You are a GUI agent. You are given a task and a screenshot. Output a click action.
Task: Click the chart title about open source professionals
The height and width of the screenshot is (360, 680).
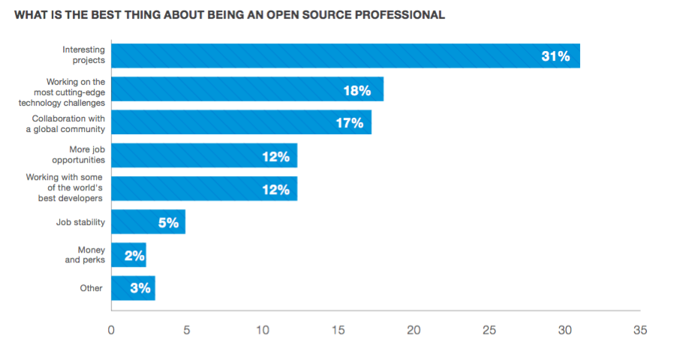point(230,14)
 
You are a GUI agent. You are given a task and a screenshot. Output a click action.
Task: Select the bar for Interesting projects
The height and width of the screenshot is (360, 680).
point(345,55)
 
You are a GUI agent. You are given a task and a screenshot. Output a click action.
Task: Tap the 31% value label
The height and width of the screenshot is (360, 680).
point(555,56)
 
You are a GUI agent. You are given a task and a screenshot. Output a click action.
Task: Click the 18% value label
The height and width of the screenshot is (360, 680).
point(357,90)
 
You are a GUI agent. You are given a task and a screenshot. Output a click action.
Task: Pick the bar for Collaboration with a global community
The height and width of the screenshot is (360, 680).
point(241,122)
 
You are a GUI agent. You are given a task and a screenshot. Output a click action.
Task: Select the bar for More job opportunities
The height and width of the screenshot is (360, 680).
point(204,155)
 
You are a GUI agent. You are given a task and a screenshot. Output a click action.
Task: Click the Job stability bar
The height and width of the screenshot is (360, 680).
point(148,222)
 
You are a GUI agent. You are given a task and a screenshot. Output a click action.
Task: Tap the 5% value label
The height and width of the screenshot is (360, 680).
point(168,223)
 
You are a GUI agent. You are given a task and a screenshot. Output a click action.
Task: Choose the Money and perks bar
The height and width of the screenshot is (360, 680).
point(128,255)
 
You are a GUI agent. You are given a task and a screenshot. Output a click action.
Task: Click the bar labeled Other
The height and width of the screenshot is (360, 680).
point(133,288)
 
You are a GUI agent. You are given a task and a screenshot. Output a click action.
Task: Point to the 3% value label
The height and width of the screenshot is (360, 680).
point(140,288)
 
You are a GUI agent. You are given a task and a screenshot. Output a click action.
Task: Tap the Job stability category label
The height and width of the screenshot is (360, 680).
point(80,222)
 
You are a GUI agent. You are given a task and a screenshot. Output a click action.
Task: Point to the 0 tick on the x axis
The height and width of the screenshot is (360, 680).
point(111,330)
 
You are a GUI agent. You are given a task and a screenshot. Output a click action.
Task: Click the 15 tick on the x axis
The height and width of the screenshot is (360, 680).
point(338,330)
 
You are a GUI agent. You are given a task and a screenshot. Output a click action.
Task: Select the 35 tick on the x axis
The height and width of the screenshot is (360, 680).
point(639,330)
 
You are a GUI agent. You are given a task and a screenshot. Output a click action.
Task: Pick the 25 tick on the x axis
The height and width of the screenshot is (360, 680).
point(489,330)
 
